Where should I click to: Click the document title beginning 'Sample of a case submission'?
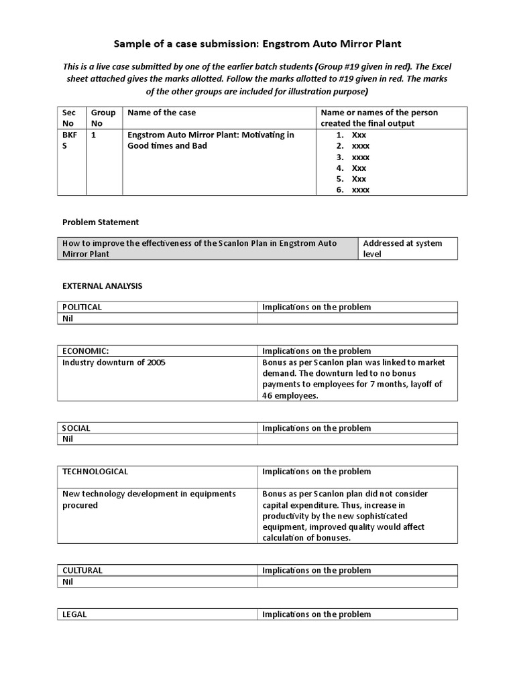click(257, 44)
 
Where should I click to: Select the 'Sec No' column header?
click(70, 118)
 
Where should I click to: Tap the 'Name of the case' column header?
click(162, 113)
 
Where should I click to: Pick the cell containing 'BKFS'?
click(70, 140)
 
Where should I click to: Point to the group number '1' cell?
click(94, 135)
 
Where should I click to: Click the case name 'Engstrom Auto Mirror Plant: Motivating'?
click(211, 135)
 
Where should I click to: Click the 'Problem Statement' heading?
click(101, 222)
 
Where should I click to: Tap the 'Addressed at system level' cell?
click(402, 249)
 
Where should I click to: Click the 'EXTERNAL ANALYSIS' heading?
click(103, 285)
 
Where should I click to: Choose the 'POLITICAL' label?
click(82, 307)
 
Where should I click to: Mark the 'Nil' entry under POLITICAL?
click(68, 318)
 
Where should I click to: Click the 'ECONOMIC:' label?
click(85, 351)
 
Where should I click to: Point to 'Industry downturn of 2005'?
click(113, 362)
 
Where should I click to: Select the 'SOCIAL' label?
click(76, 428)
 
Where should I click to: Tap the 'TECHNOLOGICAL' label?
click(95, 472)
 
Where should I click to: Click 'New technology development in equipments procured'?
click(149, 499)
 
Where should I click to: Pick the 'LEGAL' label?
click(74, 614)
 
